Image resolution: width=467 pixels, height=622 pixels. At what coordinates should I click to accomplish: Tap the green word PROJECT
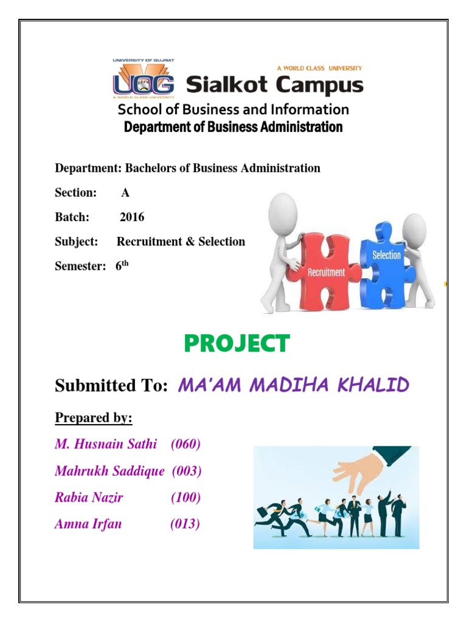click(x=237, y=344)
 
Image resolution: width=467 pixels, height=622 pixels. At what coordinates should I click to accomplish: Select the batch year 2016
click(x=132, y=217)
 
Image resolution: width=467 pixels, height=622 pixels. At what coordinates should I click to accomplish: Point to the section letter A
click(x=125, y=193)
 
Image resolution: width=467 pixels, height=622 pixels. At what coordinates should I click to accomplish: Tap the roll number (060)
click(x=186, y=444)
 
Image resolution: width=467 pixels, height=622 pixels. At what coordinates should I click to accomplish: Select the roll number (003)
click(x=187, y=471)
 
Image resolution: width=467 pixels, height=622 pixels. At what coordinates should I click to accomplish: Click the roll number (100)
click(x=185, y=497)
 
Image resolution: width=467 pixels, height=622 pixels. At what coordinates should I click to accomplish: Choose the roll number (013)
click(x=185, y=524)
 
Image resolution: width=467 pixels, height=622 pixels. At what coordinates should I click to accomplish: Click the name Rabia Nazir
click(x=89, y=497)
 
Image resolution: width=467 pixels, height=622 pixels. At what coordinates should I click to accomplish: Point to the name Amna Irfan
click(x=88, y=524)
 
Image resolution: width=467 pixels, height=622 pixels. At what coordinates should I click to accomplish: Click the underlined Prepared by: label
click(x=94, y=418)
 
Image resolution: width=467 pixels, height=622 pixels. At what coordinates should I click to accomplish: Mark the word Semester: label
click(x=77, y=266)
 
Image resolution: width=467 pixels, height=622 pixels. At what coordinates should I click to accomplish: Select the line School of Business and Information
click(x=233, y=109)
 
